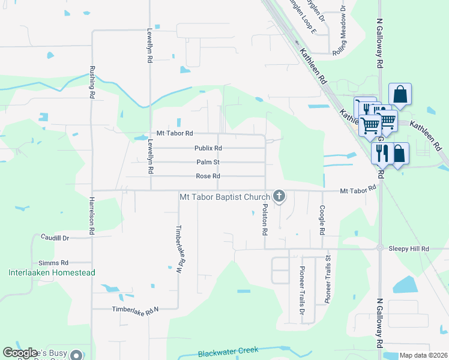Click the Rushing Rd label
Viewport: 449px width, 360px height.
(x=92, y=82)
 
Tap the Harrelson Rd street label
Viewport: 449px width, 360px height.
(x=92, y=215)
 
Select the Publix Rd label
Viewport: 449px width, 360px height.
(x=208, y=148)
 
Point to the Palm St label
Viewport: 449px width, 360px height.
(x=208, y=162)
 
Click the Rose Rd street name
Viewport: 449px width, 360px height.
(x=208, y=176)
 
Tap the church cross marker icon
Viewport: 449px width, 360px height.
(x=279, y=196)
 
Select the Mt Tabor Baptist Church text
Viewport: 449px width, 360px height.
(x=224, y=196)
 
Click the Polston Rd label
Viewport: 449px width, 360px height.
(x=265, y=218)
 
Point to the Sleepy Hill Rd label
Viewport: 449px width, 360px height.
(x=409, y=248)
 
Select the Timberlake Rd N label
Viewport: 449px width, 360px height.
(x=135, y=309)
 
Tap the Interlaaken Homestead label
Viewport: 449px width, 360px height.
(x=52, y=272)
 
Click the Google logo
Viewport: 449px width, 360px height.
(x=20, y=353)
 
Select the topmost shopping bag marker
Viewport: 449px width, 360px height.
(x=400, y=94)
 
